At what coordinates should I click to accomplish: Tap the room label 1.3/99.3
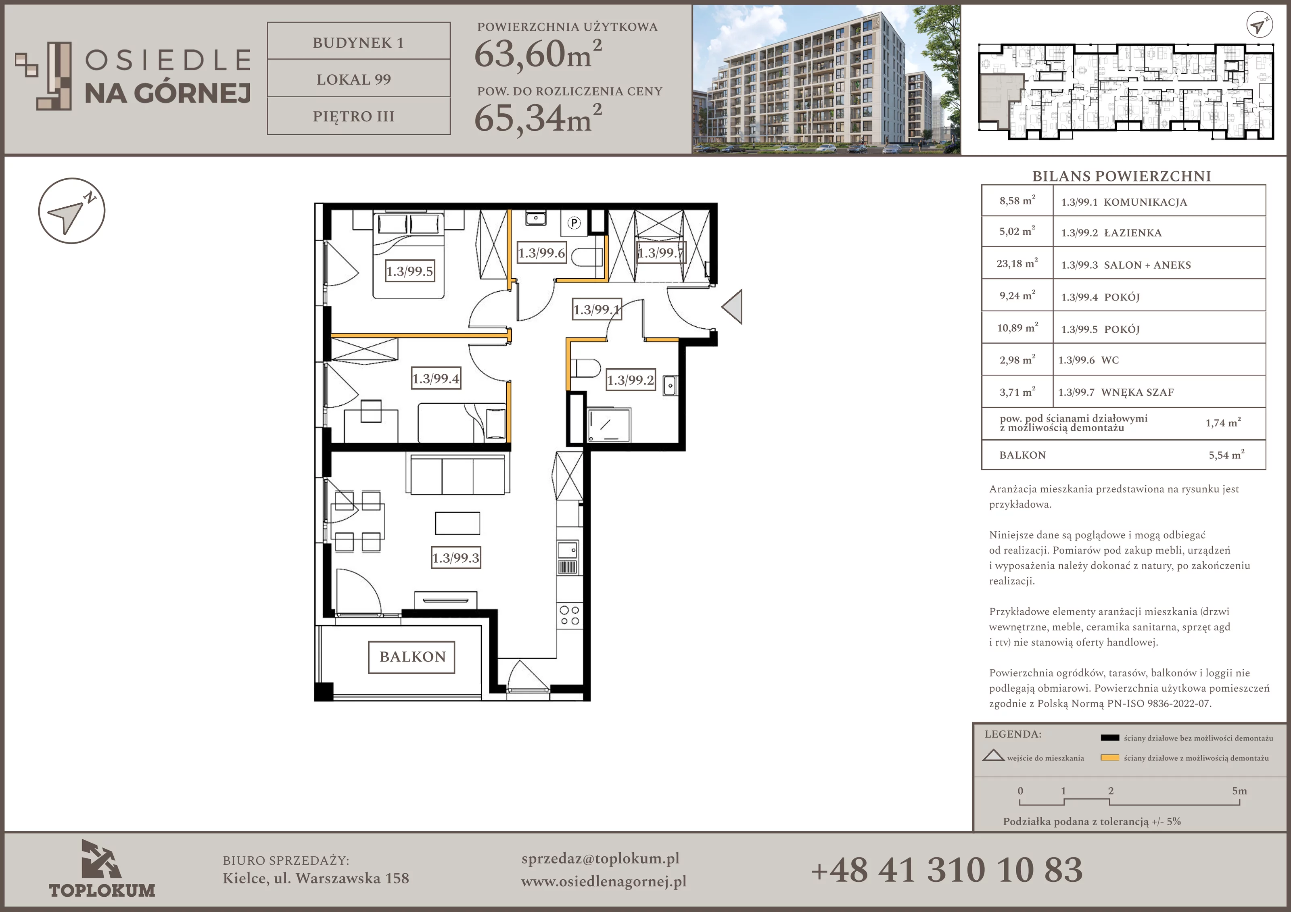[456, 558]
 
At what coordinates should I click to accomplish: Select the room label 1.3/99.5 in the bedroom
[410, 271]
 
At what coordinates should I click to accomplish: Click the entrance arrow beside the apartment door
[732, 307]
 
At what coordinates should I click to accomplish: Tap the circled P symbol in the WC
[574, 223]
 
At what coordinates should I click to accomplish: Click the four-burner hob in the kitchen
[569, 615]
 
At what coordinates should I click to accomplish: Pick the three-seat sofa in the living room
[457, 475]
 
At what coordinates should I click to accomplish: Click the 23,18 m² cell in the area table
[1017, 263]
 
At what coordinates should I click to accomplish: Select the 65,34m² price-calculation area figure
[538, 118]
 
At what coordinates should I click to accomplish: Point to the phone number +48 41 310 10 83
[947, 870]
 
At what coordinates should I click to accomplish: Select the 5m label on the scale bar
[1239, 791]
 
